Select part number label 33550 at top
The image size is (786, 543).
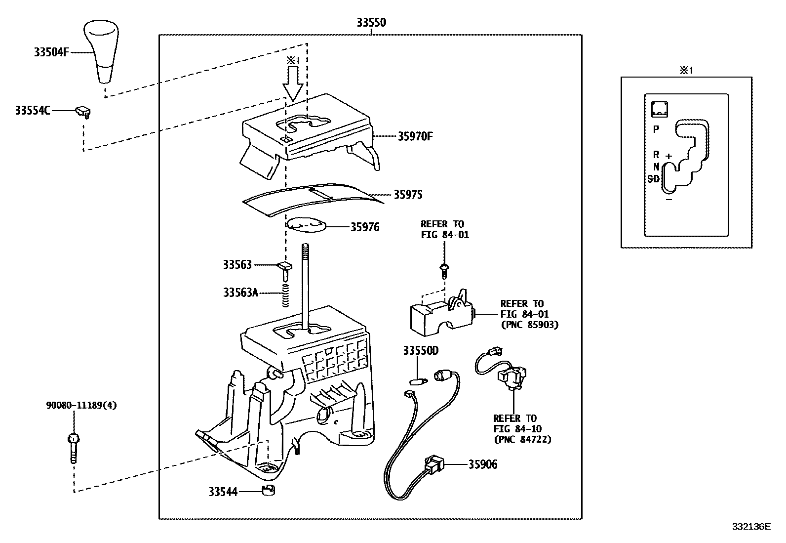[x=371, y=22]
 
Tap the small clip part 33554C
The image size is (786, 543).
[x=83, y=112]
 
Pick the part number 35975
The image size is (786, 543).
[x=408, y=195]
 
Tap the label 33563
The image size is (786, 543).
[x=237, y=265]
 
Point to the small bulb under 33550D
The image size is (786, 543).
[x=417, y=381]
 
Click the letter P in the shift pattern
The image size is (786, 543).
[x=656, y=129]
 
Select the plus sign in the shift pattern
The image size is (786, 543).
[x=668, y=156]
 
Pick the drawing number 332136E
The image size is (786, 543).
[x=751, y=527]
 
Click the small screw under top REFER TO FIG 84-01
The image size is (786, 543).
[x=444, y=269]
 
